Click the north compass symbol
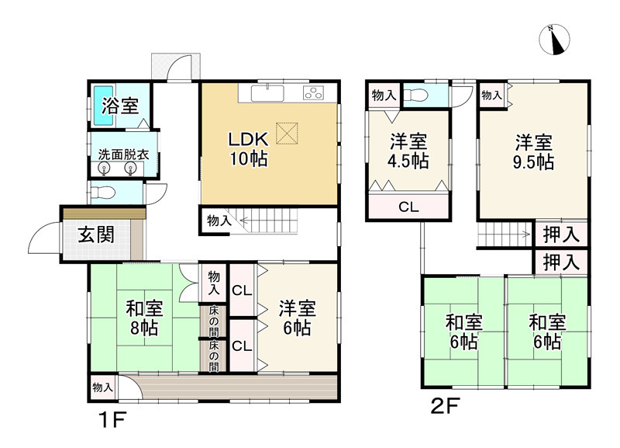554,40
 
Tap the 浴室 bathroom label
120,106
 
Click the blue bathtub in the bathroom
104,106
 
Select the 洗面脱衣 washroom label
123,155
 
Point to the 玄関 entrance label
96,234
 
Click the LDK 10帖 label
249,149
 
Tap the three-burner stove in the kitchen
313,92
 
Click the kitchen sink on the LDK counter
267,93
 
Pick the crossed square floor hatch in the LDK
287,134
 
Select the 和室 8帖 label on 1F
144,318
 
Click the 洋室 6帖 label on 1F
298,318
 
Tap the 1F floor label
112,420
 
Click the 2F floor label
445,406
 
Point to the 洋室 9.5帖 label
533,152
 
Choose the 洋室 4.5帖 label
408,151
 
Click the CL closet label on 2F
408,207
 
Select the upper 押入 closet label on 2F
561,234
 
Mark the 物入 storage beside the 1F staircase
219,221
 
